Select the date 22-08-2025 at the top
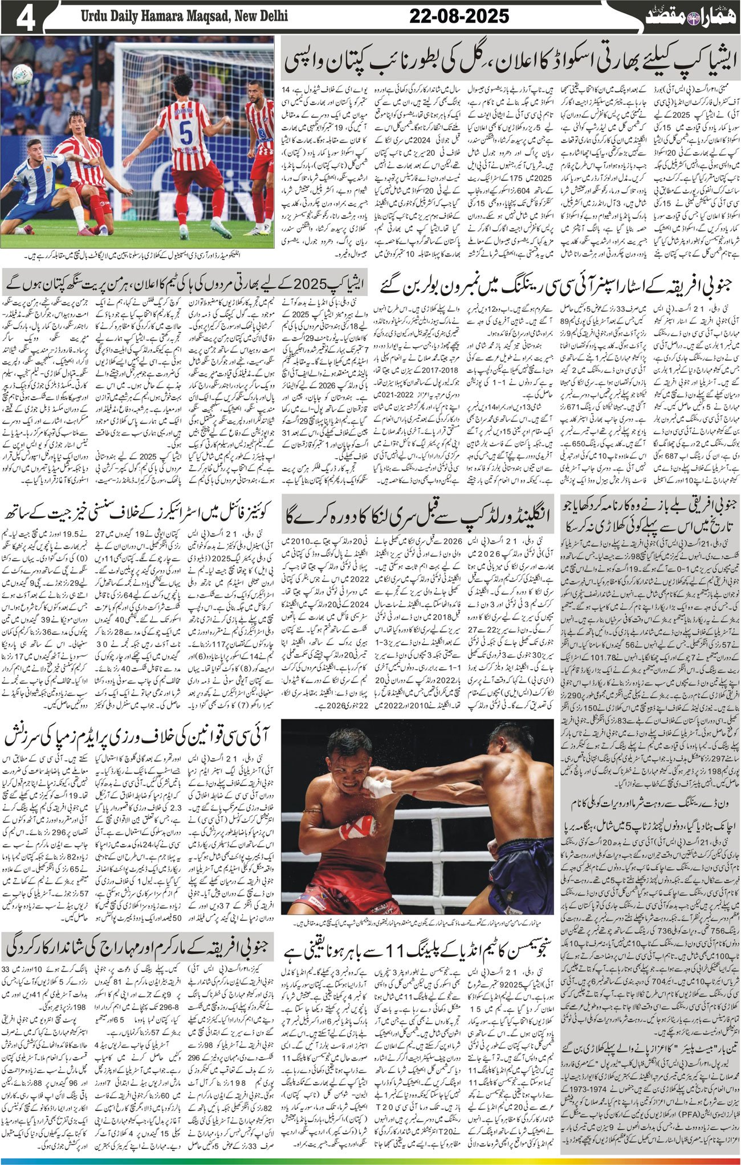tap(459, 16)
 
